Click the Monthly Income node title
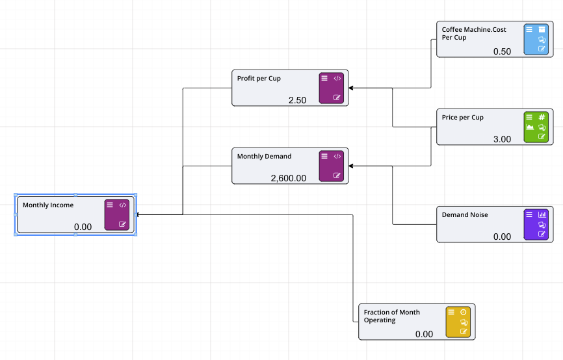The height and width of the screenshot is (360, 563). coord(48,205)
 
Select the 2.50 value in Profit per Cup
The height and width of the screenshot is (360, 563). coord(297,100)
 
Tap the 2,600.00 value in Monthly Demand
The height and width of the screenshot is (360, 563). coord(288,178)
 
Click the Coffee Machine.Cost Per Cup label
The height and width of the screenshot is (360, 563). coord(474,33)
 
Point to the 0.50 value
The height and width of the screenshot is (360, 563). coord(502,51)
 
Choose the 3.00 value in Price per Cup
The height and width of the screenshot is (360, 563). coord(502,139)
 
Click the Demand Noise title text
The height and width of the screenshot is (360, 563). coord(465,215)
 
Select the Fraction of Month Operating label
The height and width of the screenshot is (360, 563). coord(392,316)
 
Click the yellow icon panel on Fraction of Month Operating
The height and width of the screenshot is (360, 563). coord(458,322)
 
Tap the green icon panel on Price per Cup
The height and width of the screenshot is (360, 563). coord(536,127)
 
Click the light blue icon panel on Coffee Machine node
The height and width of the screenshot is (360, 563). coord(536,39)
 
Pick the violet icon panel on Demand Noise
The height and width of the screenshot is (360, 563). coord(536,224)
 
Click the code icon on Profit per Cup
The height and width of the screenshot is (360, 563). coord(337,78)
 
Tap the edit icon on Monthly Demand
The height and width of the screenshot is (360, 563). coord(337,175)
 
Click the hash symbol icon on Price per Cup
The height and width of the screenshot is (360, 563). coord(542,118)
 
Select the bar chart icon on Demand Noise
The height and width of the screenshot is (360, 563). coord(542,214)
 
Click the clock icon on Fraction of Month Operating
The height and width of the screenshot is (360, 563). coord(464,312)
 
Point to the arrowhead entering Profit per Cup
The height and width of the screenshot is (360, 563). coord(352,88)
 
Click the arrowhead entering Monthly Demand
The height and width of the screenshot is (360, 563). coord(352,166)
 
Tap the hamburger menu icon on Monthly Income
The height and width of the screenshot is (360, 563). coord(110,205)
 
